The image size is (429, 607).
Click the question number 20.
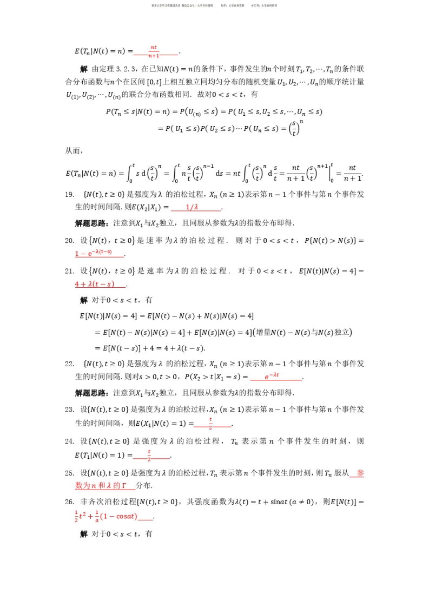click(x=69, y=240)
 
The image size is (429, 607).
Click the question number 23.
click(x=69, y=409)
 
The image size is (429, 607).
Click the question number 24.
click(x=69, y=441)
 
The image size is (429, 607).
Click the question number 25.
click(x=69, y=473)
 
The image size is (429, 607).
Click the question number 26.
click(x=69, y=502)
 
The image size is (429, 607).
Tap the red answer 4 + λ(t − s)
click(x=95, y=284)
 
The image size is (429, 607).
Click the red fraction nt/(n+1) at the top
click(x=154, y=51)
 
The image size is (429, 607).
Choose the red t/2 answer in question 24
click(x=149, y=454)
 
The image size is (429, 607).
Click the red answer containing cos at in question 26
click(x=107, y=516)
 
